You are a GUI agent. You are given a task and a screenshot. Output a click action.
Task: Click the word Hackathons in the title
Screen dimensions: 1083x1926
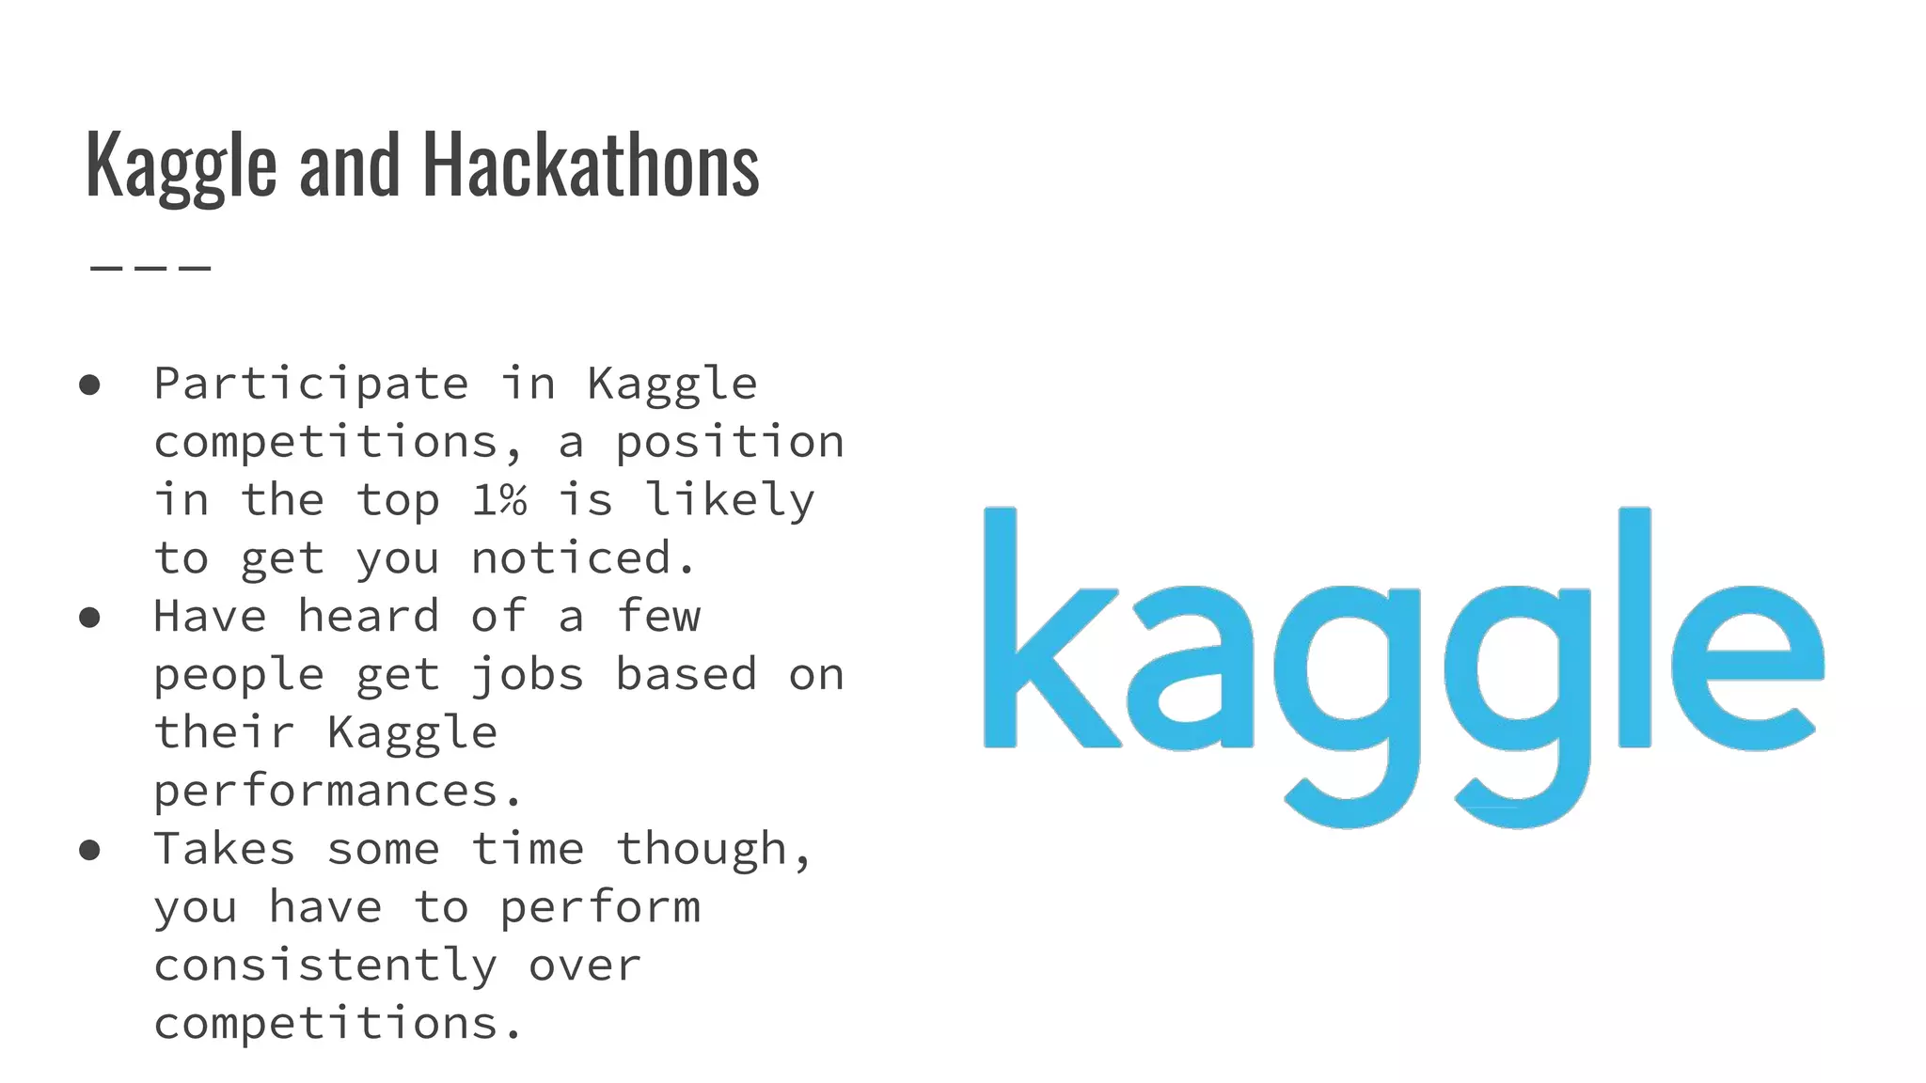[x=591, y=166]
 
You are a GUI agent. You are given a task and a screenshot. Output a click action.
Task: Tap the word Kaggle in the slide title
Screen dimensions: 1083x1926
[x=181, y=166]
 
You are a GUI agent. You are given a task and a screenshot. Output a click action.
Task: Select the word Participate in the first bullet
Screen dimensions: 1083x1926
[x=311, y=385]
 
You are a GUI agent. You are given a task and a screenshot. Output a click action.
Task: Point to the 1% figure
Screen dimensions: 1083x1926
[x=498, y=500]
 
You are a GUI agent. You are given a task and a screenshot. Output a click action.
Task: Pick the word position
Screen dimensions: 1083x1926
[x=730, y=443]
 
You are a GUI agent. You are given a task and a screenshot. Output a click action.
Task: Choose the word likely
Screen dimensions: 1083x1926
[x=730, y=500]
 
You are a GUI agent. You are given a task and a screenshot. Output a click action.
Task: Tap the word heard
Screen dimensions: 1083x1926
[x=369, y=617]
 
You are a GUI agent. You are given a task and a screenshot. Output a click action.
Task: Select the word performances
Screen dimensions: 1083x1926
[x=338, y=792]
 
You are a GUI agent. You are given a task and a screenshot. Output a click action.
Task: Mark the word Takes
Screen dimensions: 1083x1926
[x=225, y=849]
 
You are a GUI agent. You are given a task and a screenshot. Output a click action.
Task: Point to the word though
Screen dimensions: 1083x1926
[x=714, y=849]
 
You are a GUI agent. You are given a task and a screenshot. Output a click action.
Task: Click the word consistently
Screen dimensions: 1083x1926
[x=325, y=965]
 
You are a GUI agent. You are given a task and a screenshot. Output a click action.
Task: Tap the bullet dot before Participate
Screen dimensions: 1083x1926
[x=90, y=385]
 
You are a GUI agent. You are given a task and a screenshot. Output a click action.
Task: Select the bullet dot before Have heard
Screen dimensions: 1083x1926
[x=90, y=618]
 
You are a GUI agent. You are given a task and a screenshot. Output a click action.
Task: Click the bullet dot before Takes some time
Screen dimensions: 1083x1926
[x=90, y=851]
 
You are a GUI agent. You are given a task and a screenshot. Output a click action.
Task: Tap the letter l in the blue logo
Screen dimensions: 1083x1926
[x=1634, y=627]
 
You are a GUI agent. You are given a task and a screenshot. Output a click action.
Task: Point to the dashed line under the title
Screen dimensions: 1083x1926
[x=150, y=268]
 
